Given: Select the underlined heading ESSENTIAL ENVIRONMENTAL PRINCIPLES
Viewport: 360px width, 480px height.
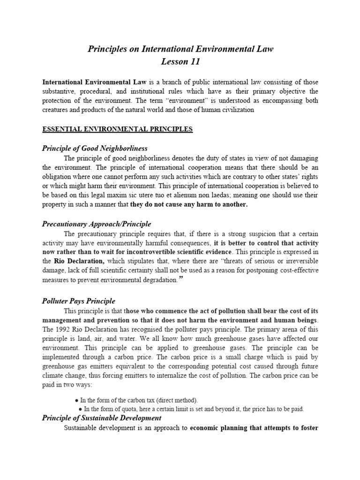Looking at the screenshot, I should pos(118,129).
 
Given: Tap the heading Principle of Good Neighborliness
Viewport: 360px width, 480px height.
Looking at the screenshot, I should pos(95,149).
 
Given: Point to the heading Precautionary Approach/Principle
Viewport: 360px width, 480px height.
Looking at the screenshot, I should pos(97,224).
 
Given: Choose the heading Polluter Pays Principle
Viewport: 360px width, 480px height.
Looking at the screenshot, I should pos(79,301).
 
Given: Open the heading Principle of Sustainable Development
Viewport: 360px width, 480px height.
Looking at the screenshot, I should pos(102,418).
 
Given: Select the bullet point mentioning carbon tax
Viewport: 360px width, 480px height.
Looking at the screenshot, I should pos(136,400).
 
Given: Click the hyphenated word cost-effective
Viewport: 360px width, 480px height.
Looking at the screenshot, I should pos(295,270).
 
